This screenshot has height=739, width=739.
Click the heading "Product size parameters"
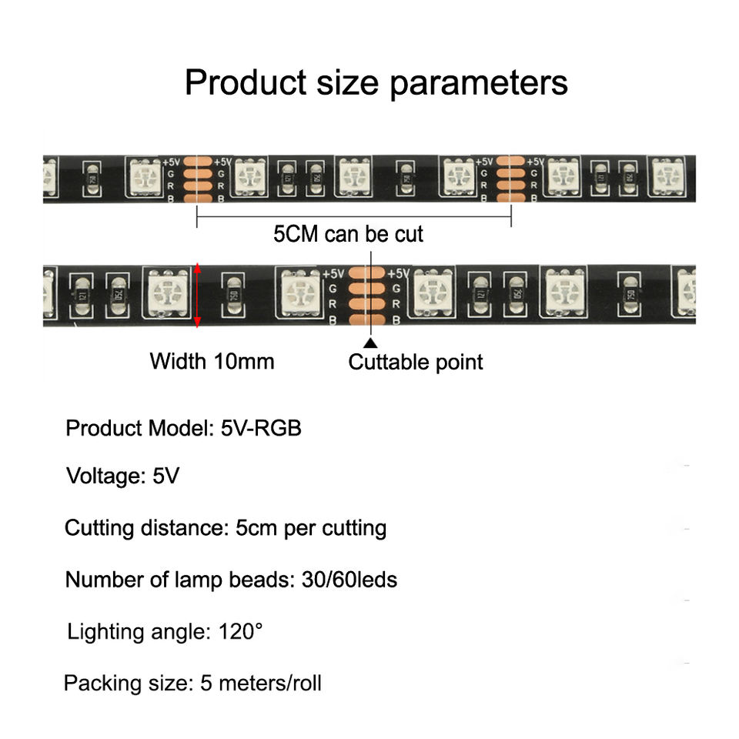376,82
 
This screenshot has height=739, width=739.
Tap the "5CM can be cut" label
348,233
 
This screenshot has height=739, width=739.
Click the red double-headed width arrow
198,295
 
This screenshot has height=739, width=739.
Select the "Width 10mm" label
212,360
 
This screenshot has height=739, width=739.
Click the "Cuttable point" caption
416,362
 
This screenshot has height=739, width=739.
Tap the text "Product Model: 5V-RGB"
183,428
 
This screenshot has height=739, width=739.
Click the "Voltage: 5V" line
122,476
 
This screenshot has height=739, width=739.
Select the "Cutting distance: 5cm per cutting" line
225,528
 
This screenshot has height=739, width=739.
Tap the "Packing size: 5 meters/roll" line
192,683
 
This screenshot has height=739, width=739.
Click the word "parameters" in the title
478,82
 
